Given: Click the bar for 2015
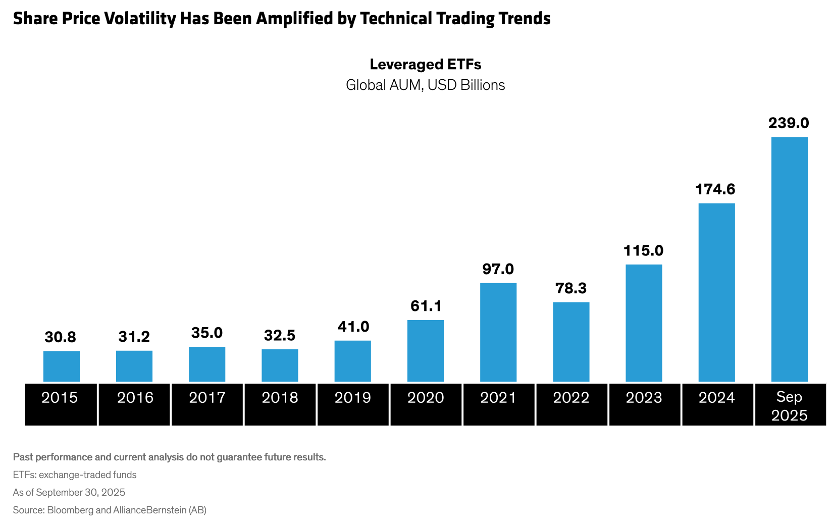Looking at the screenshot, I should pyautogui.click(x=62, y=366).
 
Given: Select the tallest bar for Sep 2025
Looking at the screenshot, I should pyautogui.click(x=789, y=259).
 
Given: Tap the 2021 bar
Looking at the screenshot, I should pyautogui.click(x=498, y=332).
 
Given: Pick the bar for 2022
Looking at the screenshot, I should pyautogui.click(x=571, y=342).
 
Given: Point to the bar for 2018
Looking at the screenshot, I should pyautogui.click(x=280, y=365).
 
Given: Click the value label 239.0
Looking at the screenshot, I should pyautogui.click(x=789, y=123).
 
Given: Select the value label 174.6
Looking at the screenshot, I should pyautogui.click(x=715, y=189).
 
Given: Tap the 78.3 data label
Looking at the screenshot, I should pyautogui.click(x=571, y=288).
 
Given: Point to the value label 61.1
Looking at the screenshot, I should pyautogui.click(x=426, y=306).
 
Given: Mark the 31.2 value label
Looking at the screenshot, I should pyautogui.click(x=134, y=337).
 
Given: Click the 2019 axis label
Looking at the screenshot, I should pyautogui.click(x=353, y=398).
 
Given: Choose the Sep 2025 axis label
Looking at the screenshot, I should pyautogui.click(x=790, y=406).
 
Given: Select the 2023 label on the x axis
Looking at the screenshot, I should pyautogui.click(x=644, y=398).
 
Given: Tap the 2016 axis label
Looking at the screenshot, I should pyautogui.click(x=135, y=398).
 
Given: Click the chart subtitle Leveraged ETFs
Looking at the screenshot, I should pyautogui.click(x=426, y=65).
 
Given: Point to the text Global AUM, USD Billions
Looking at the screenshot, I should pyautogui.click(x=426, y=85).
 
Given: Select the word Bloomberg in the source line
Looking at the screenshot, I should pyautogui.click(x=70, y=510).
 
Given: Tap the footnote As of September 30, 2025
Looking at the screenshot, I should pyautogui.click(x=69, y=492).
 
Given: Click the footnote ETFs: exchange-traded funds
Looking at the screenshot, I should pyautogui.click(x=75, y=475).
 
